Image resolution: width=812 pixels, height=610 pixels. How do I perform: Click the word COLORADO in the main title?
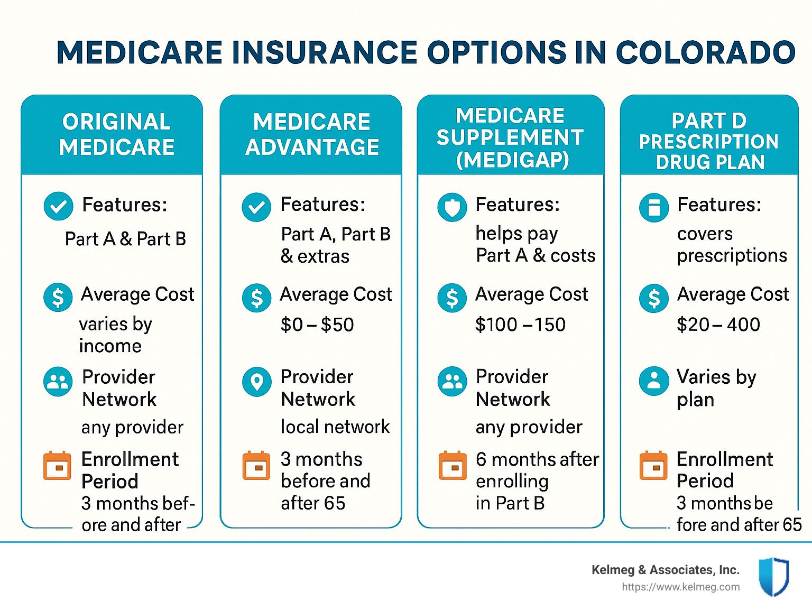[706, 52]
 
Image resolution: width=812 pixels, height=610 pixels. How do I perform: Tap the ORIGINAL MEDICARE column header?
[116, 134]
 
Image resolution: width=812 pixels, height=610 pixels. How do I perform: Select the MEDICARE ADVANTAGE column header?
[312, 134]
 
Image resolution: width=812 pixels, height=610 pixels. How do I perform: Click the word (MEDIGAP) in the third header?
[512, 160]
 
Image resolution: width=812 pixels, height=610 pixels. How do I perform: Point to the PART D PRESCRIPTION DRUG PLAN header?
[709, 141]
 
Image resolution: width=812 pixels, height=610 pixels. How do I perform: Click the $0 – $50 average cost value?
[317, 325]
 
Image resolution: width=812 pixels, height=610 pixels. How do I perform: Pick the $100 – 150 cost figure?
[521, 325]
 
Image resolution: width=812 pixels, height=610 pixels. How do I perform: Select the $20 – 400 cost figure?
[718, 325]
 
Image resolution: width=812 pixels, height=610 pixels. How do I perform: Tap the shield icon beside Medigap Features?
[452, 207]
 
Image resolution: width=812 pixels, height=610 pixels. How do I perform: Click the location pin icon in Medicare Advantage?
[257, 382]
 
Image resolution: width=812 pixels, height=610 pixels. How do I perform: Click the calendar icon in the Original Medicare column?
[57, 465]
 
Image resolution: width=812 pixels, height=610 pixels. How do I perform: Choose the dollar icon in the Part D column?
[653, 298]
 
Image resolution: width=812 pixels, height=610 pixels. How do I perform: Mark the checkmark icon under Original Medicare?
[58, 206]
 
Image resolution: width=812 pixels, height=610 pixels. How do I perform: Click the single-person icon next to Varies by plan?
[653, 382]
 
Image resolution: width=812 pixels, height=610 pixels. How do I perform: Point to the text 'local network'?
[335, 427]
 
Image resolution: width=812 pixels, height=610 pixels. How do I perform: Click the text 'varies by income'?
[115, 335]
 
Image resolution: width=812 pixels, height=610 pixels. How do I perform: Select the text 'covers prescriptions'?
[732, 245]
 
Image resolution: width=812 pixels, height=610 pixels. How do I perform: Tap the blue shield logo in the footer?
[774, 576]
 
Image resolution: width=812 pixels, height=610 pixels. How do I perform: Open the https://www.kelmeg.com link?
[681, 587]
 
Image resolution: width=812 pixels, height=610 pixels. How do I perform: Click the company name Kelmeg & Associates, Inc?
[666, 570]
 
